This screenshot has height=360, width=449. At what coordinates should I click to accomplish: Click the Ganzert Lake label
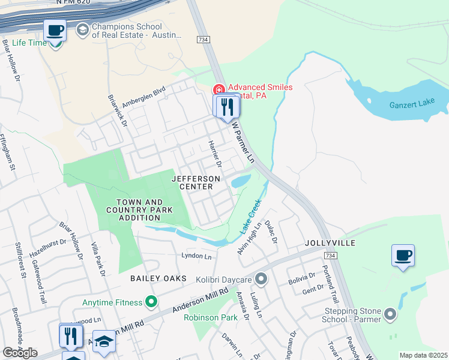(412, 104)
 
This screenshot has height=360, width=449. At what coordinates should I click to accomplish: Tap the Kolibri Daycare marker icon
(261, 279)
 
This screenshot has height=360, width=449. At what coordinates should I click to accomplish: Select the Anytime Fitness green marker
(152, 302)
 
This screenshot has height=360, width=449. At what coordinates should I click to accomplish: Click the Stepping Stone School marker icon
(391, 314)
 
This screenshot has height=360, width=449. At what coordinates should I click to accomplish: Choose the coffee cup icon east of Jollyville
(403, 255)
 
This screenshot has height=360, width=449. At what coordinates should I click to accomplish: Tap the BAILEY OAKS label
(155, 279)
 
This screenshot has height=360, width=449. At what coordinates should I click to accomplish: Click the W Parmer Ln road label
(244, 143)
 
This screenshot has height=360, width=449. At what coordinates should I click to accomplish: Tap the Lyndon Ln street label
(197, 256)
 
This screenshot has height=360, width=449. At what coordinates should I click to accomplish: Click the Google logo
(20, 353)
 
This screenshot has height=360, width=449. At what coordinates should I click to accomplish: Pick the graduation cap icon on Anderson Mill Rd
(104, 341)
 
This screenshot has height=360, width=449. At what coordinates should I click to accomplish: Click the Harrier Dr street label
(214, 154)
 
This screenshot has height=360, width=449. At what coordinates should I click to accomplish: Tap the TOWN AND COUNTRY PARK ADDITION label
(139, 210)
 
